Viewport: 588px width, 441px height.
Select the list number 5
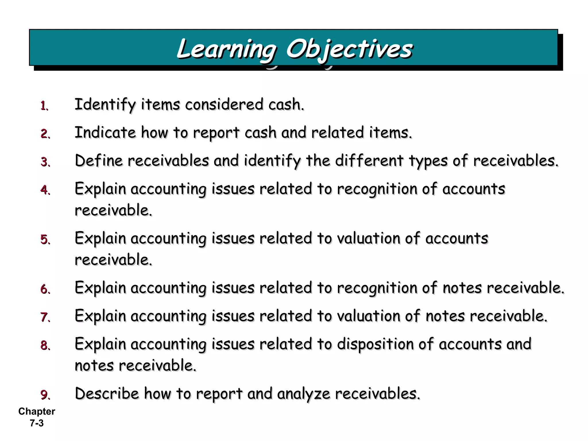(x=45, y=239)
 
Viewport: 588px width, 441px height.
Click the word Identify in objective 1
(x=105, y=105)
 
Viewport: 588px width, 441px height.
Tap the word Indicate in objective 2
(x=105, y=133)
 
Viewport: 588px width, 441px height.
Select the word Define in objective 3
(x=99, y=160)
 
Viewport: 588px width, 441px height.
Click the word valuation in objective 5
(x=368, y=239)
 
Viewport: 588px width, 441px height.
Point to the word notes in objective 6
(x=462, y=288)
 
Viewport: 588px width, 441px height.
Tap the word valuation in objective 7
(x=368, y=316)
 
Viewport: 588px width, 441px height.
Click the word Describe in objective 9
(x=107, y=394)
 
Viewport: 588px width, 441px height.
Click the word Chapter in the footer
(x=37, y=411)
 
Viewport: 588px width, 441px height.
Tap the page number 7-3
(x=37, y=423)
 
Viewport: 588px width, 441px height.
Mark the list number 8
(x=45, y=345)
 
